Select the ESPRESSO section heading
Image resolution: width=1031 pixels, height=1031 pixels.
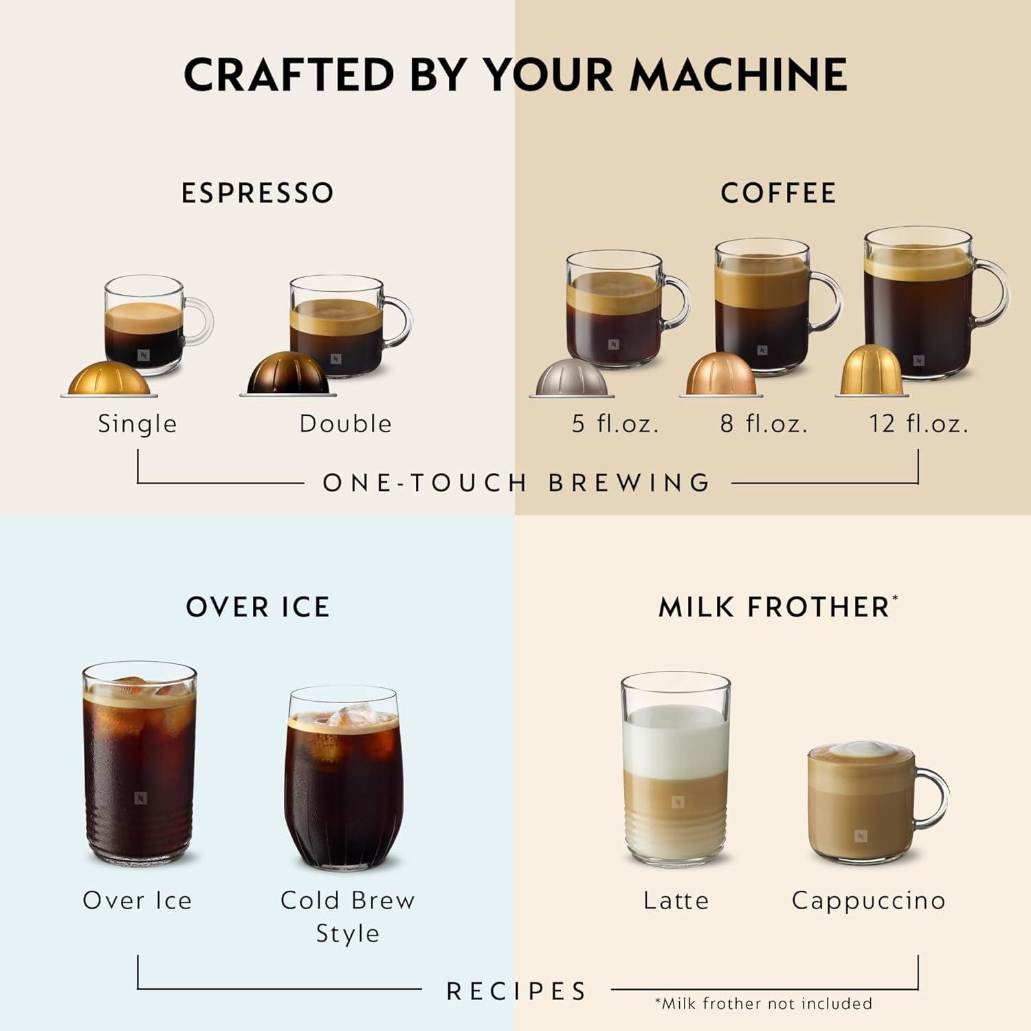tap(258, 193)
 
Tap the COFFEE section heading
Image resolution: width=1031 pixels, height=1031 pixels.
tap(778, 193)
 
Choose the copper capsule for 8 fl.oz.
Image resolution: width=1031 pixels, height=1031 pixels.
tap(722, 375)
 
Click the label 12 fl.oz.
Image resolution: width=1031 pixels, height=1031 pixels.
tap(918, 423)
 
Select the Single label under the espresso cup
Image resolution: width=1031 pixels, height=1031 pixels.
tap(137, 423)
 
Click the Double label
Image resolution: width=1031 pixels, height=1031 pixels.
tap(346, 423)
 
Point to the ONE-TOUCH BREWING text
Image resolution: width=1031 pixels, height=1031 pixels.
tap(516, 483)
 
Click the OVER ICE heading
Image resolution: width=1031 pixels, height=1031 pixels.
tap(258, 608)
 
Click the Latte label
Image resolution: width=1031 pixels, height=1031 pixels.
tap(676, 900)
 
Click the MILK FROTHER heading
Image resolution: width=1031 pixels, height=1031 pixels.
tap(775, 608)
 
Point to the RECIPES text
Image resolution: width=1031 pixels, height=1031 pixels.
tap(516, 991)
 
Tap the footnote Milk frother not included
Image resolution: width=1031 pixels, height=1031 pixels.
tap(764, 1004)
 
